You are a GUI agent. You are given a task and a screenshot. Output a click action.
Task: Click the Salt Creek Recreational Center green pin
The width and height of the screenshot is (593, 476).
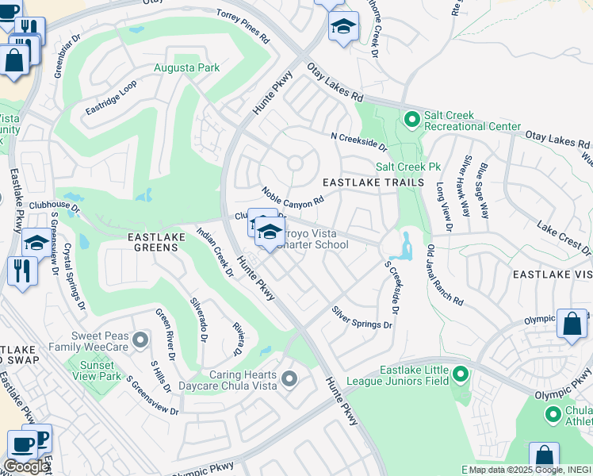(x=411, y=120)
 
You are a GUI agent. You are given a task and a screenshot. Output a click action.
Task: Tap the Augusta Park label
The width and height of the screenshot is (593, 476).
(x=186, y=68)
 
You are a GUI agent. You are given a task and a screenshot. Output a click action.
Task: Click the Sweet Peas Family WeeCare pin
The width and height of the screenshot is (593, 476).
(x=140, y=340)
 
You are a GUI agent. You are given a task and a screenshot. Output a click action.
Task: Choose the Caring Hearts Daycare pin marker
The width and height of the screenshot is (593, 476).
(x=289, y=378)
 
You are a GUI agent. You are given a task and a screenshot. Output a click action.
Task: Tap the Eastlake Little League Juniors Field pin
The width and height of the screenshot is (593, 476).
(x=459, y=373)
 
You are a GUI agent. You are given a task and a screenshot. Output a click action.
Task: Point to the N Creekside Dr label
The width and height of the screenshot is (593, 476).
(x=358, y=141)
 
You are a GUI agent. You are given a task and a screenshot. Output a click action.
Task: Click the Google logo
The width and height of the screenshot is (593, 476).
(x=25, y=466)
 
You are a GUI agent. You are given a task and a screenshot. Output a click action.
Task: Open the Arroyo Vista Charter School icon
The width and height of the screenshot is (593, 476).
(x=270, y=232)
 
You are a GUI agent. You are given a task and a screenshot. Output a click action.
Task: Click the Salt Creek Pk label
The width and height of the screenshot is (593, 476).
(x=407, y=167)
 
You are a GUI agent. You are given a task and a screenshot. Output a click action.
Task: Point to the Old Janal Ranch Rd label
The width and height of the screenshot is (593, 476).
(x=444, y=275)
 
